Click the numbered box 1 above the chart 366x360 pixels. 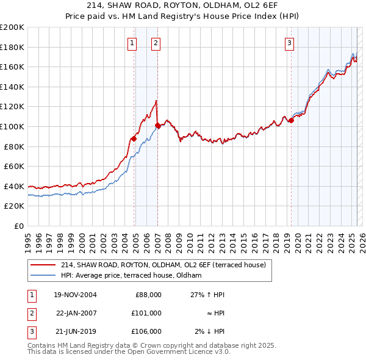(x=132, y=43)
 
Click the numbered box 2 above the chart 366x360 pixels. (x=156, y=43)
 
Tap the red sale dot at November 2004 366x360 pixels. (x=134, y=139)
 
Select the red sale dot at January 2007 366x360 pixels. (x=157, y=126)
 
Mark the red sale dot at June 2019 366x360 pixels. (x=291, y=120)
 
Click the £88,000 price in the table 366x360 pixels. (x=148, y=295)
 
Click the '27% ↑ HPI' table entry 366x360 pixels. (x=207, y=295)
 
